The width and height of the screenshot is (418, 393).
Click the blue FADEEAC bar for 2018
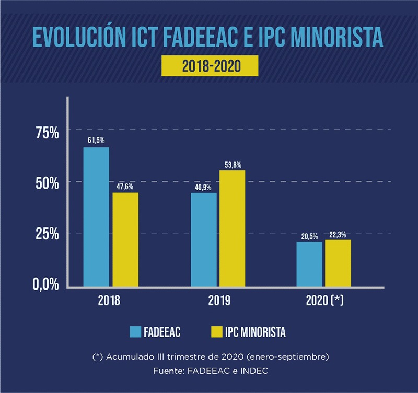[96, 217]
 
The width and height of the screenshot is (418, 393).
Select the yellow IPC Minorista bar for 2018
[125, 239]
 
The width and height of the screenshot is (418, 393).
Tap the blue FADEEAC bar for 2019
[204, 239]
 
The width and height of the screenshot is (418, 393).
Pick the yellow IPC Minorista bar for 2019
[232, 228]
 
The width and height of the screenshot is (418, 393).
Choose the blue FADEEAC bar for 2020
[309, 264]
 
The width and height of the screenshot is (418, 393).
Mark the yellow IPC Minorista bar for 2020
[338, 263]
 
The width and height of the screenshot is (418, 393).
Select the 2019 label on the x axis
[218, 302]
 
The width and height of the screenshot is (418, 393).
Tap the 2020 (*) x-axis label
[324, 302]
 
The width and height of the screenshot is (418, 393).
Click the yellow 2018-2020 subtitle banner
[210, 66]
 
